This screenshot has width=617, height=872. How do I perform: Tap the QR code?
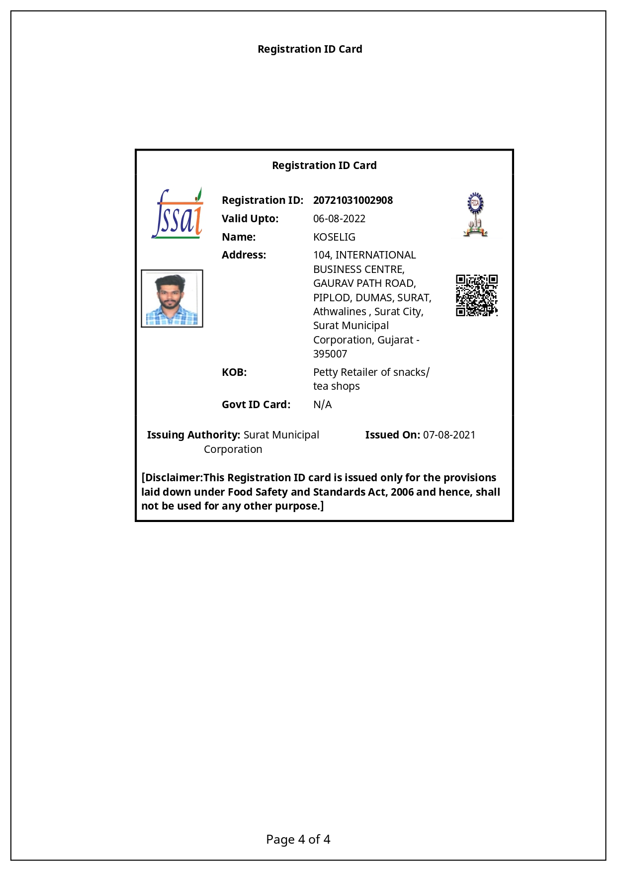click(477, 295)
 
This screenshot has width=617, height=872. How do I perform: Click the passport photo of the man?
click(172, 299)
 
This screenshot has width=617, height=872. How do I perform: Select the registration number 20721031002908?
click(353, 200)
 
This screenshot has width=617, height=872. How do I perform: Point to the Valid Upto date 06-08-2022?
click(339, 219)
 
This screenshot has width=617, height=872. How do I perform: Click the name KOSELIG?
click(334, 237)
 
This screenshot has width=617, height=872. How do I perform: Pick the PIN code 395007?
click(330, 354)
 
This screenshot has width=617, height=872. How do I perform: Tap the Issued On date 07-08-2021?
click(449, 435)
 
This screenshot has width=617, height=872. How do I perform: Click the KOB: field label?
click(234, 372)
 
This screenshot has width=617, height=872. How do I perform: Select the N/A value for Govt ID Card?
click(322, 405)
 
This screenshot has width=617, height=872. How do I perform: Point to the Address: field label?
click(244, 255)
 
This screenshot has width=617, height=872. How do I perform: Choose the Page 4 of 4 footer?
click(298, 840)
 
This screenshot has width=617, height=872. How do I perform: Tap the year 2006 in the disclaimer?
click(402, 492)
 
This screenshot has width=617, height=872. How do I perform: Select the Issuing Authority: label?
click(193, 435)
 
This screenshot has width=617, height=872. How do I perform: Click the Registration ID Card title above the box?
click(310, 49)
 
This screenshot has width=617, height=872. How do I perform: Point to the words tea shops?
click(336, 386)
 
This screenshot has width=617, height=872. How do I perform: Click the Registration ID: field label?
click(262, 200)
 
